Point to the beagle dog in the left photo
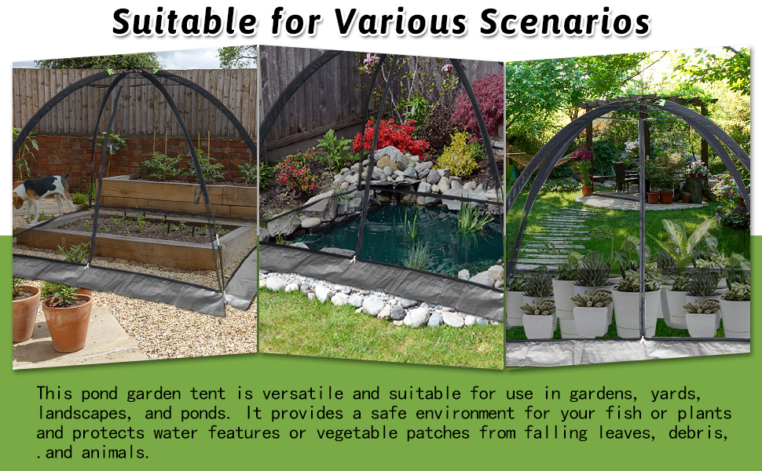(x=39, y=194)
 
